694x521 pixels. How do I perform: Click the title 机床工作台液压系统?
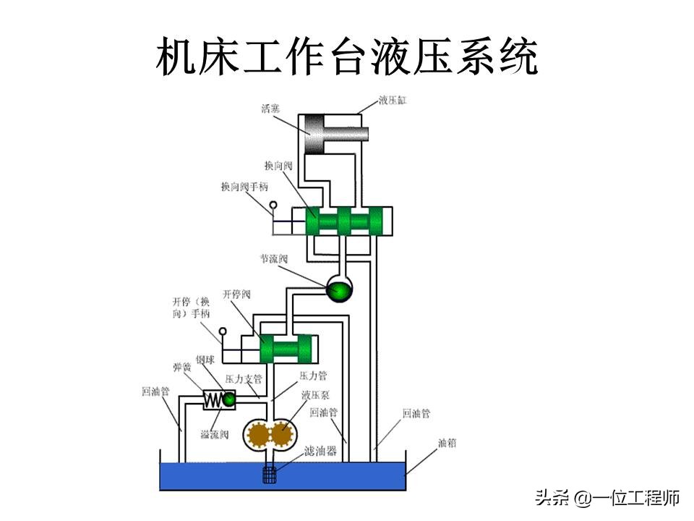point(347,58)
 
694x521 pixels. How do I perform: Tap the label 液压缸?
point(393,101)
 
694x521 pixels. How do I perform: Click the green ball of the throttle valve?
point(338,290)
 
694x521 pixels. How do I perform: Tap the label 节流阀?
point(274,258)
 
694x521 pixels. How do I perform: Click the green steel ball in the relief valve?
point(228,399)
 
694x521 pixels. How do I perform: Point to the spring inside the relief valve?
point(214,399)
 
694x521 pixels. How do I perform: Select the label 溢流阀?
point(215,434)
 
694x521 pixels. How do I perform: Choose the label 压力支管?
point(243,378)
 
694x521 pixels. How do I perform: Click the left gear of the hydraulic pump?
point(258,435)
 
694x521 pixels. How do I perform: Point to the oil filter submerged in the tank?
point(270,475)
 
